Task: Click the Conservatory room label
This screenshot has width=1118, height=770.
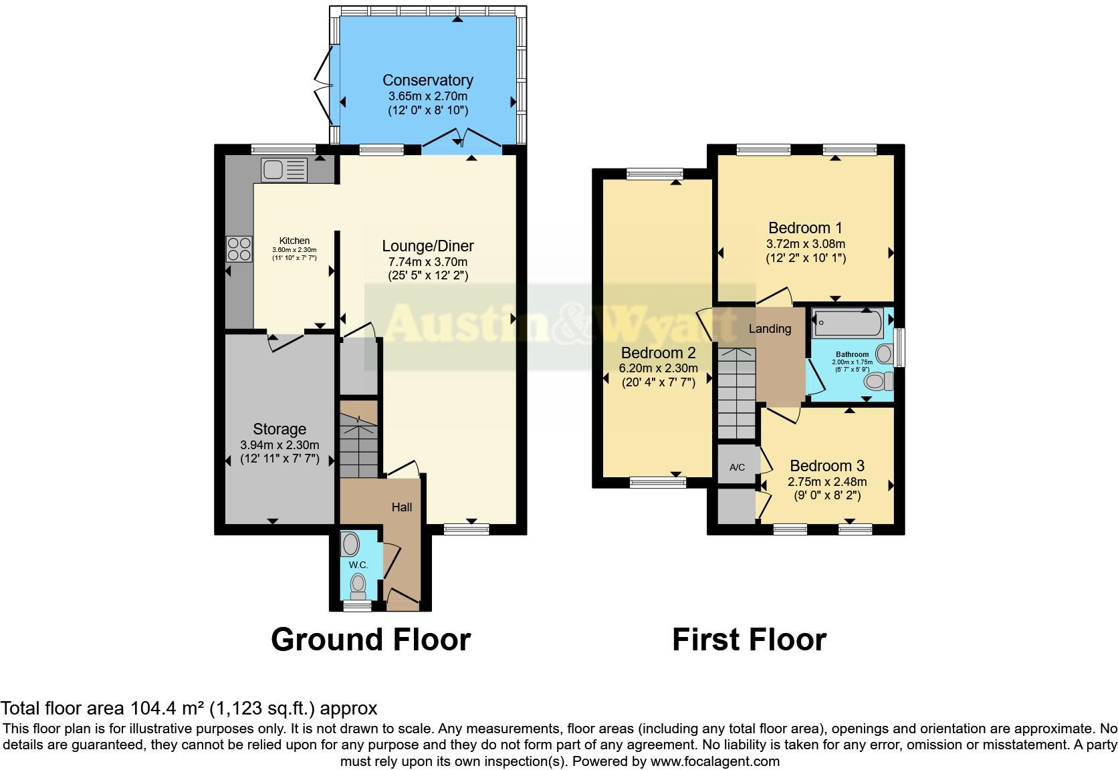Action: coord(427,80)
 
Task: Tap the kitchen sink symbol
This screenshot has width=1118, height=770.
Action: coord(284,170)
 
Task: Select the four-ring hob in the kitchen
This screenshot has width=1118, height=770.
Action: coord(239,249)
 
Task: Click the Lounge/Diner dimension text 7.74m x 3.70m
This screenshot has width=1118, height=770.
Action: coord(427,261)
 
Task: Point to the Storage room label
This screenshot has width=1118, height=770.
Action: coord(279,429)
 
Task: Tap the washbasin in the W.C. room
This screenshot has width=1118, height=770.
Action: coord(350,544)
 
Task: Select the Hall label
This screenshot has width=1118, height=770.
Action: coord(401,507)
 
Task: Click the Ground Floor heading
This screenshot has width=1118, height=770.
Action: coord(370,640)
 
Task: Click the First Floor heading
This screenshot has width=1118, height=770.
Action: coord(749,640)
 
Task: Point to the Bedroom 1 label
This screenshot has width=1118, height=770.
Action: coord(805,228)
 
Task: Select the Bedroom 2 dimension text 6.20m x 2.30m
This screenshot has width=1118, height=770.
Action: coord(658,368)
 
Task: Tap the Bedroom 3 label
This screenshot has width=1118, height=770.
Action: coord(826,466)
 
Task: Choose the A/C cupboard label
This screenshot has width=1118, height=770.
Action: coord(737,467)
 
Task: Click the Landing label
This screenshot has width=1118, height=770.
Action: coord(770,329)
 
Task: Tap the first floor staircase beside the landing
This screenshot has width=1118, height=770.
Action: coord(736,394)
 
